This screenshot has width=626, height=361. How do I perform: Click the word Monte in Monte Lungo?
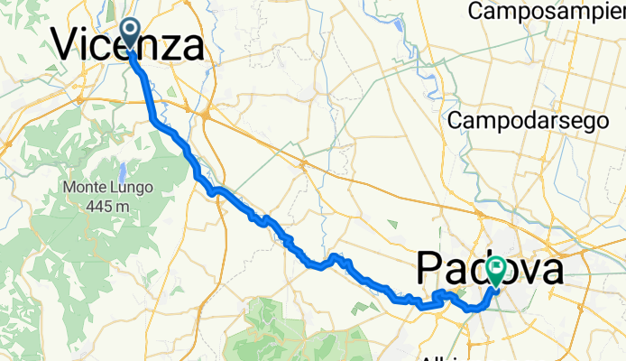[x=88, y=188]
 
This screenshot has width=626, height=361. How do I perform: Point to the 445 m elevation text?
[x=109, y=205]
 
